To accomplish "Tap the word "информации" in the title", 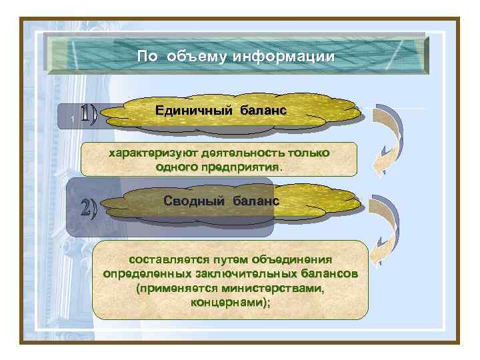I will pos(283,57).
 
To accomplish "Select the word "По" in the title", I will pos(147,57).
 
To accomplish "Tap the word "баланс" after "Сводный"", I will pos(256,201).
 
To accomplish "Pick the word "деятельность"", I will pos(236,153).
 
